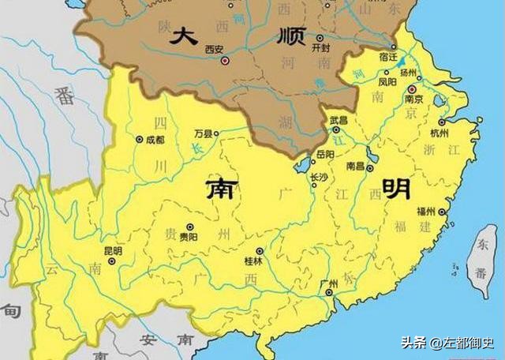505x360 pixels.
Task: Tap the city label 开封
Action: pos(320,48)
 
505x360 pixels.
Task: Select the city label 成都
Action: pos(155,140)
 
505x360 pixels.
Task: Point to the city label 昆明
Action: pos(113,251)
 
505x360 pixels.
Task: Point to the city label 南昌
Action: pos(355,167)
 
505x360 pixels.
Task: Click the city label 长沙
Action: pos(319,178)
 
